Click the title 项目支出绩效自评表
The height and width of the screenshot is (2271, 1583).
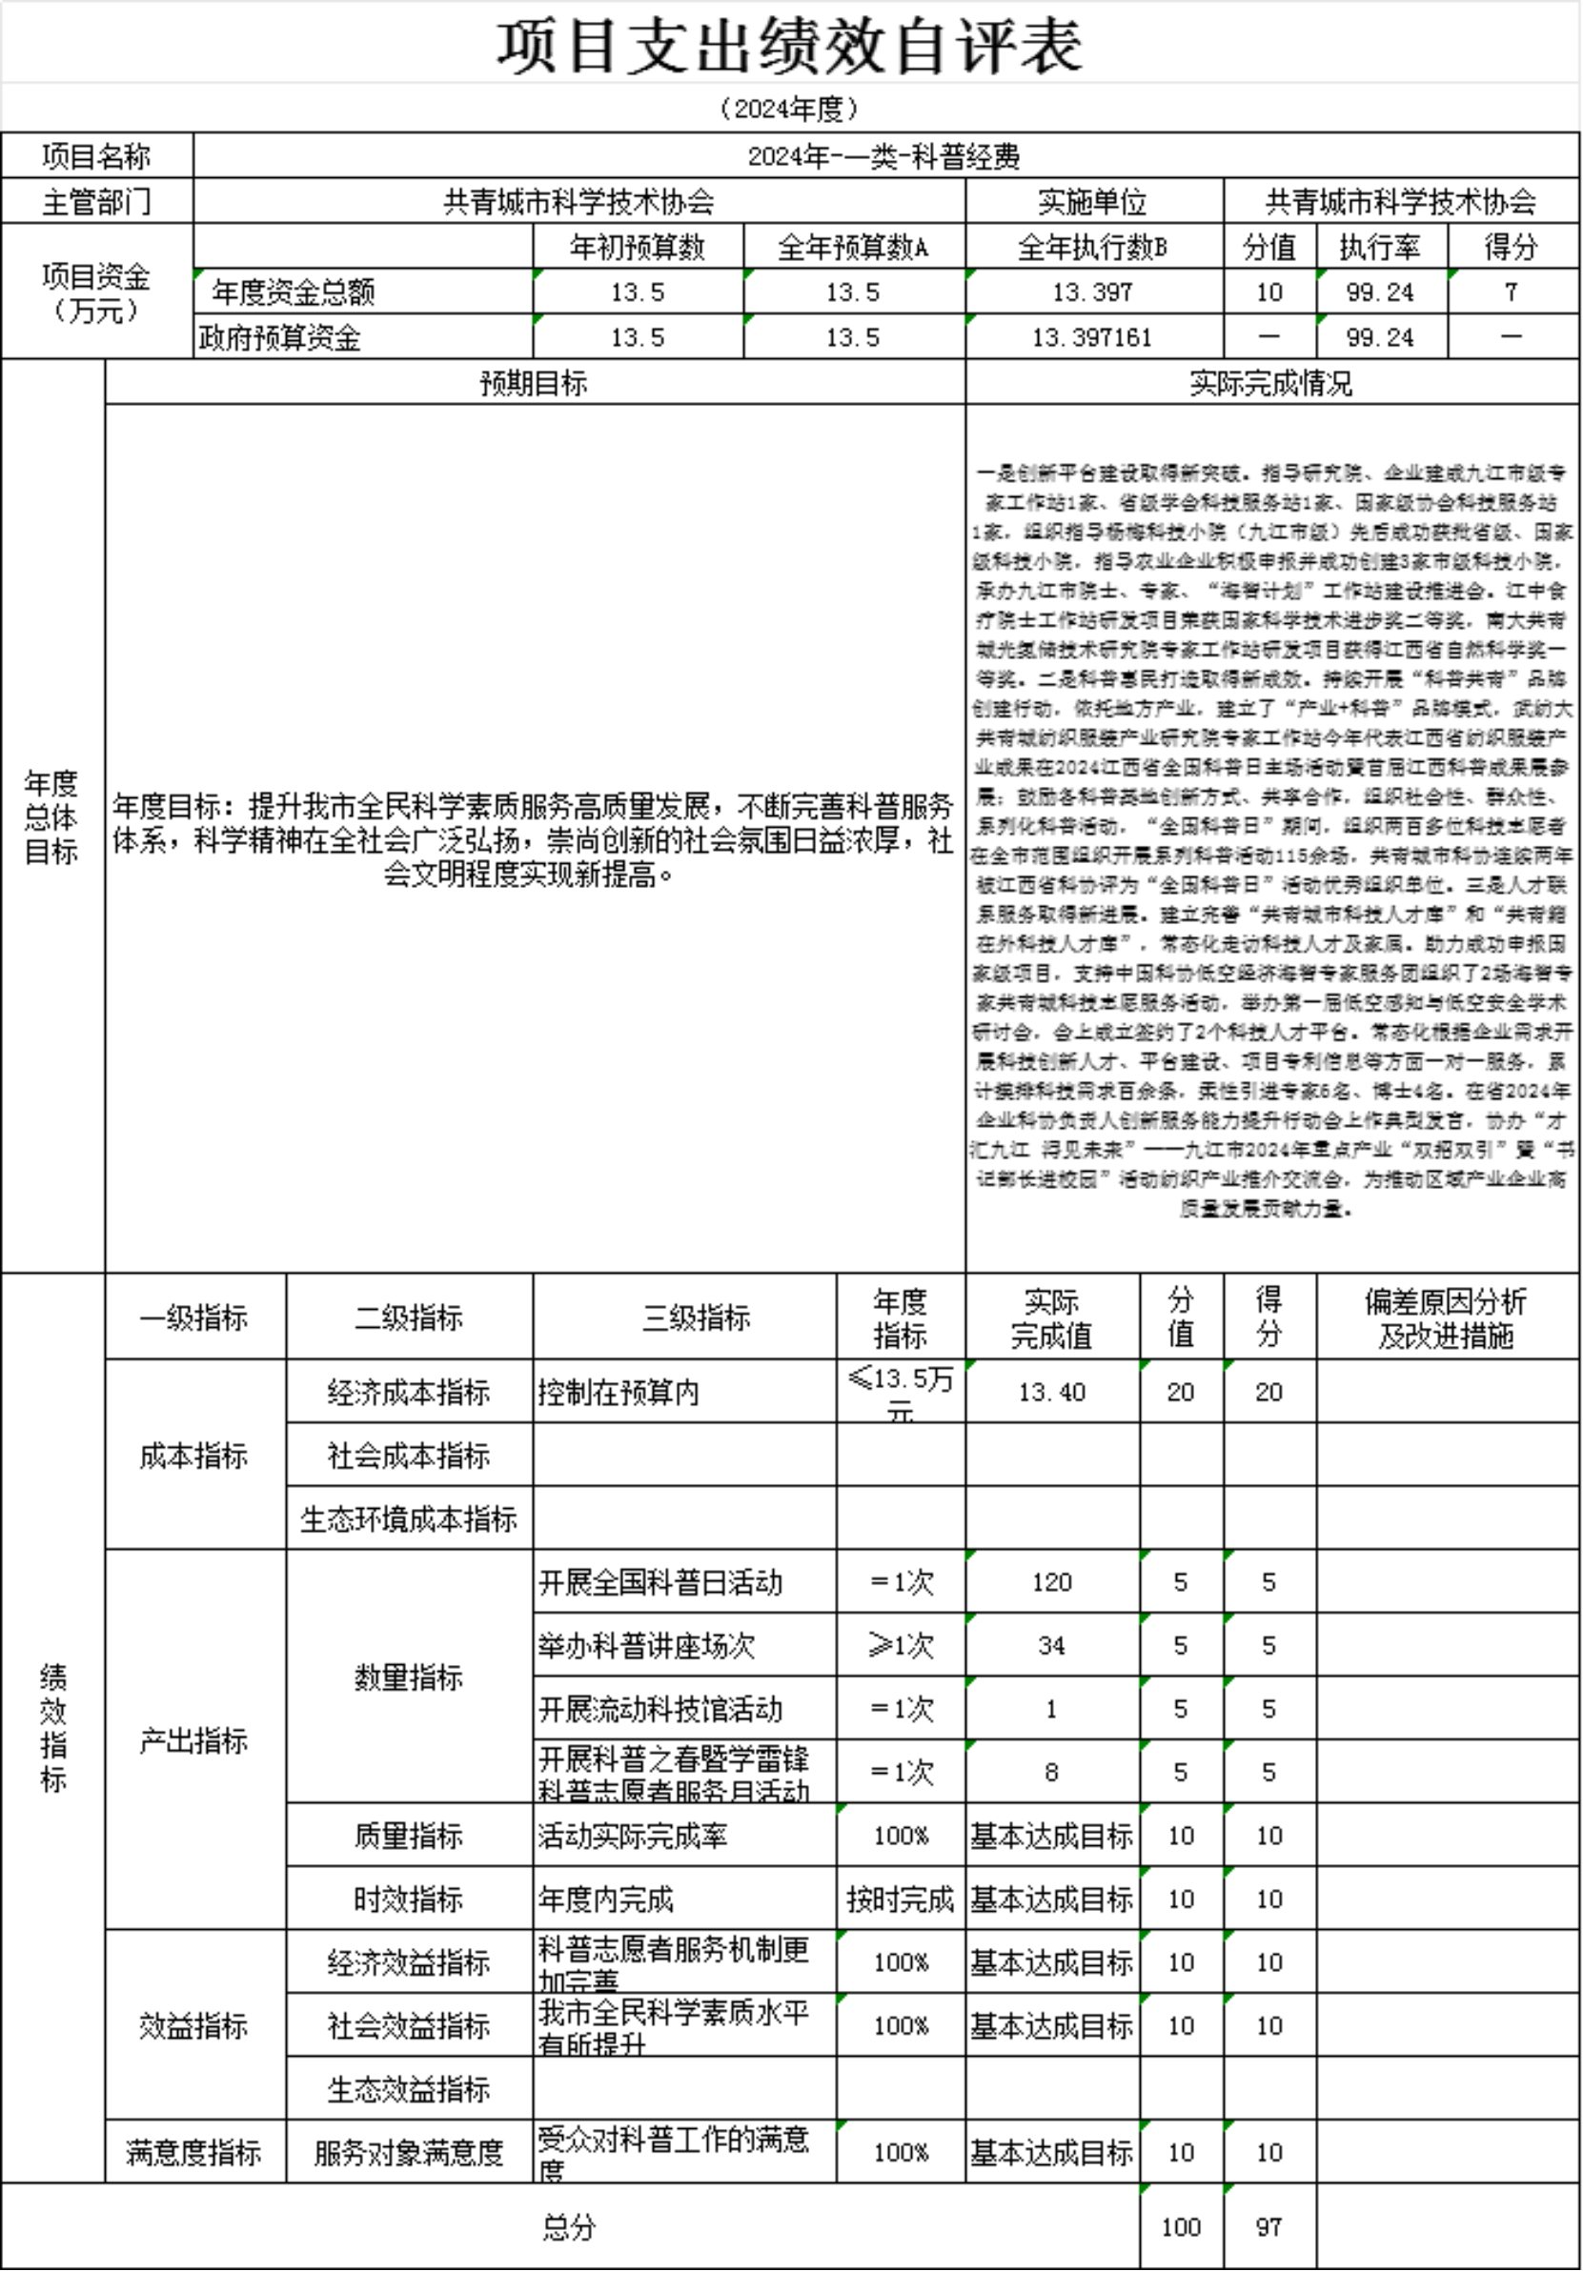[789, 47]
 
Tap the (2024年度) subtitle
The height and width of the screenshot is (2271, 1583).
[789, 108]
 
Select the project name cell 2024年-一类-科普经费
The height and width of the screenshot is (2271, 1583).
[883, 156]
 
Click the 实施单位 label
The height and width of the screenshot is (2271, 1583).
[1092, 202]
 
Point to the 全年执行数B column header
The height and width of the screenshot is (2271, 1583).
[1092, 247]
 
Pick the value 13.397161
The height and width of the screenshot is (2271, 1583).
[1092, 337]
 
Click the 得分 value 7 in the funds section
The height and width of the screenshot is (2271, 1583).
[1510, 291]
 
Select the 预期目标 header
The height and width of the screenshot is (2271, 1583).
[534, 383]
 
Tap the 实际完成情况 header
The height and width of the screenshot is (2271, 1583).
[1270, 383]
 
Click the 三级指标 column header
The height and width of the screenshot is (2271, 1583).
[697, 1317]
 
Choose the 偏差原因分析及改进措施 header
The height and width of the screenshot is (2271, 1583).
[1446, 1317]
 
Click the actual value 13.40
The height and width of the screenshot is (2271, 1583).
[1052, 1392]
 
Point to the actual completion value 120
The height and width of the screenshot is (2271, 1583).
[1052, 1581]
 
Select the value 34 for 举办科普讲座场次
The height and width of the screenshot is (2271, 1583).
[1052, 1645]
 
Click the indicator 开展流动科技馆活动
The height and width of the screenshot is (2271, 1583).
[660, 1708]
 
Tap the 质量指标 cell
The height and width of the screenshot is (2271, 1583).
[409, 1836]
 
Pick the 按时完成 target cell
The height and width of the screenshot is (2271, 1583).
[900, 1899]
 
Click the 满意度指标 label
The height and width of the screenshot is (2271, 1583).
[193, 2152]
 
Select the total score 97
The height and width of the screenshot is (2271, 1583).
[1268, 2226]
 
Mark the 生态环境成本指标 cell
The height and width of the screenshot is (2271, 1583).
[409, 1518]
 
